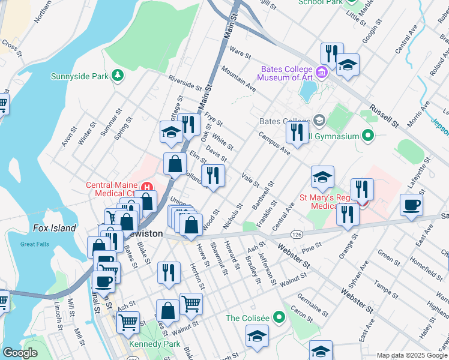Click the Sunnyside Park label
coord(79,76)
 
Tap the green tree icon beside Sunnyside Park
coord(118,75)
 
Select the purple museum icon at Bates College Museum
coord(322,73)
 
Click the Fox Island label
coord(55,228)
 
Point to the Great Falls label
coord(34,244)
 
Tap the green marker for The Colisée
coord(279,316)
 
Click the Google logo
coord(20,353)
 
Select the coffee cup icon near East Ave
coord(412,205)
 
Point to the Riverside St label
coord(185,82)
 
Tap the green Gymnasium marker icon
coord(368,136)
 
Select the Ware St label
coord(240,54)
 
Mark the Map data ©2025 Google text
coord(411,355)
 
